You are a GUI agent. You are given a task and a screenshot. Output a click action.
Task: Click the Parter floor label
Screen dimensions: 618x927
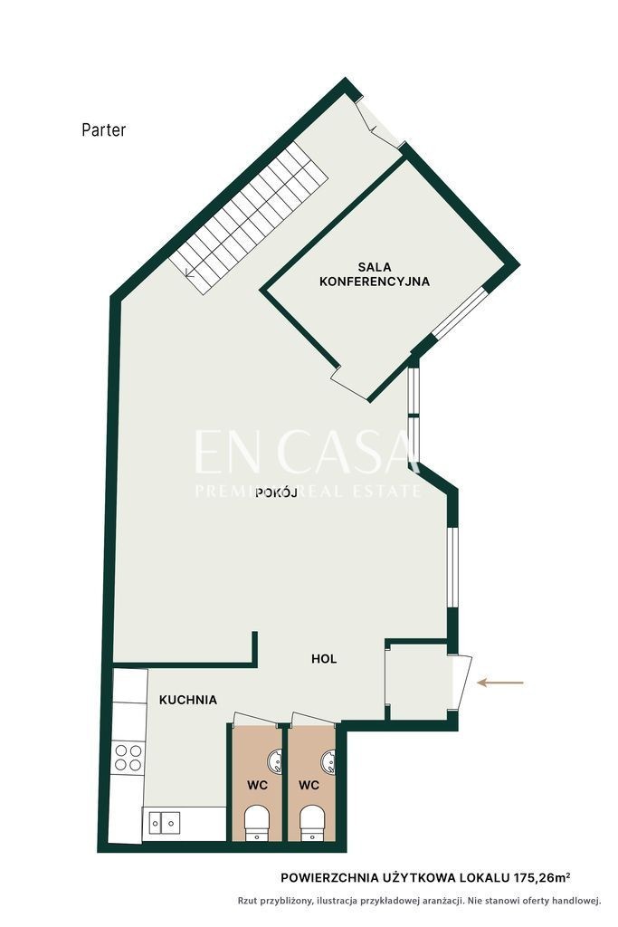pyautogui.click(x=104, y=130)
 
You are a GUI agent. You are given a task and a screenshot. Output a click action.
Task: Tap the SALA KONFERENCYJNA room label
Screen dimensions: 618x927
pyautogui.click(x=374, y=275)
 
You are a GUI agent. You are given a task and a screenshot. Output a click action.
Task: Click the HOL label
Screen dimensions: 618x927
pyautogui.click(x=324, y=659)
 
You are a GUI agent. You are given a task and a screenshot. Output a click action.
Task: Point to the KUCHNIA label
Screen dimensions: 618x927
pyautogui.click(x=188, y=700)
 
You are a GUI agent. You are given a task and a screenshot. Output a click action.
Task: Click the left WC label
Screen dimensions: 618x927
pyautogui.click(x=258, y=785)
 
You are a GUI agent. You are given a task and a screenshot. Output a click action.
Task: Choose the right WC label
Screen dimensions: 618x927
pyautogui.click(x=309, y=785)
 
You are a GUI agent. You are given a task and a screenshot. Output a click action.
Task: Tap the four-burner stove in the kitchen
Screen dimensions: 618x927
pyautogui.click(x=128, y=758)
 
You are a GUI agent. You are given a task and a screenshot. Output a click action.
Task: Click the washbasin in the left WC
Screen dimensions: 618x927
pyautogui.click(x=275, y=762)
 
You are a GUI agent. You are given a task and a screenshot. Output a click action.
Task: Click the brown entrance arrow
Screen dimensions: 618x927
pyautogui.click(x=499, y=683)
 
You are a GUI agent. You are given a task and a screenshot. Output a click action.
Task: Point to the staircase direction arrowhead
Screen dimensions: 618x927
pyautogui.click(x=189, y=272)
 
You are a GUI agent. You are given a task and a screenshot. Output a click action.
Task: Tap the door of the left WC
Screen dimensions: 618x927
pyautogui.click(x=257, y=718)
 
